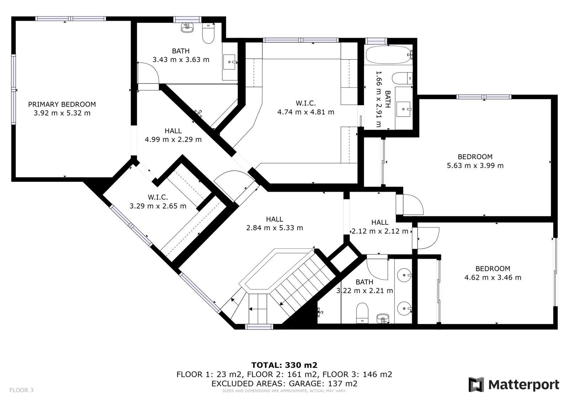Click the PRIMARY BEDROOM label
pos(62,104)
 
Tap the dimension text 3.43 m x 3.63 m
pos(181,60)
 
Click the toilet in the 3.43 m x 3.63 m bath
pos(208,33)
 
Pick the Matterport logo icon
pos(476,385)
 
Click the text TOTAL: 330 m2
pos(284,365)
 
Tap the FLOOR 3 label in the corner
pos(21,390)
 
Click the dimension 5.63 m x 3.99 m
pos(475,166)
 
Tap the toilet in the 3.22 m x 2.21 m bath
pos(362,313)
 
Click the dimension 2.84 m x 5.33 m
pos(275,228)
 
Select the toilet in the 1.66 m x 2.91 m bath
pos(402,78)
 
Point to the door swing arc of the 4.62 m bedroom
pos(434,241)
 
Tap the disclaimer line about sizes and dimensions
pos(284,391)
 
